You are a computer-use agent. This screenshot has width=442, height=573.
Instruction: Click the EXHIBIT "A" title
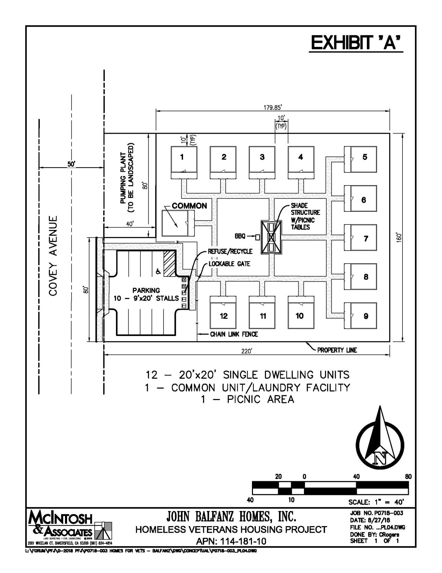tap(356, 43)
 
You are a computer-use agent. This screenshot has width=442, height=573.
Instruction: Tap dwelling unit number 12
tap(223, 315)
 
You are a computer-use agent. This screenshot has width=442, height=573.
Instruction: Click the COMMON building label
tap(189, 206)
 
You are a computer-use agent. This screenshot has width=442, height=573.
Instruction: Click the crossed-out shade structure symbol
tap(271, 237)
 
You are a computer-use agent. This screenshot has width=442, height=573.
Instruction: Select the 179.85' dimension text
tap(273, 107)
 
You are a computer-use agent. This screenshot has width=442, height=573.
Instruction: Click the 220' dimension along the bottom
tap(247, 351)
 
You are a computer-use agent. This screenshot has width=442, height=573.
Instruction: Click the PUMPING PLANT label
tap(126, 178)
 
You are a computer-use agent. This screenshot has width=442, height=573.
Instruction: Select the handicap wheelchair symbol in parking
tap(158, 271)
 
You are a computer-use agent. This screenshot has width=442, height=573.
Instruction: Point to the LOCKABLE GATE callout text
tap(229, 264)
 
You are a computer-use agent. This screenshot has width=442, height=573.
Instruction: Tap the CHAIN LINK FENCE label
tap(234, 334)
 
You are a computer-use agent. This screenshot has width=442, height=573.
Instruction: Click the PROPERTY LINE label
tap(337, 350)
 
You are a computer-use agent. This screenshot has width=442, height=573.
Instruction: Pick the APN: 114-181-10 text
tap(231, 541)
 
